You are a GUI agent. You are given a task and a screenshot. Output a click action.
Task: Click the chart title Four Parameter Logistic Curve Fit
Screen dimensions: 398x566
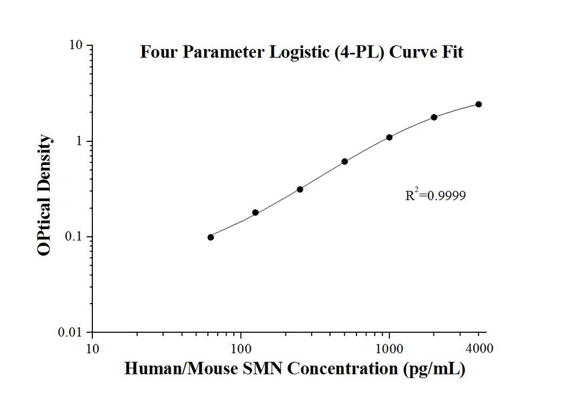pos(301,52)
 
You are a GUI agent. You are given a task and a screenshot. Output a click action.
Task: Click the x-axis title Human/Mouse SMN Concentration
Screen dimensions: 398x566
pos(295,368)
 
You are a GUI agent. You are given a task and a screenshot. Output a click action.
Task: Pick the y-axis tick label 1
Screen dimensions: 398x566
pos(80,141)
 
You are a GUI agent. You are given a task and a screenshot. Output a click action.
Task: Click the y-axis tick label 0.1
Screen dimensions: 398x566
pos(75,237)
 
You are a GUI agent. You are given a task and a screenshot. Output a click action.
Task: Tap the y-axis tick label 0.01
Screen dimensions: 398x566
pos(72,332)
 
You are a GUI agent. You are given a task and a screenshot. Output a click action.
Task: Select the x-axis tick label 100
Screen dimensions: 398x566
pos(241,348)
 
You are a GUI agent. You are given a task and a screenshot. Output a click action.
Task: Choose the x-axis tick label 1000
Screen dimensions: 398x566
pos(389,348)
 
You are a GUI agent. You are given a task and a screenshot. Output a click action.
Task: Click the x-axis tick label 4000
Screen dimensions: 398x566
pos(479,348)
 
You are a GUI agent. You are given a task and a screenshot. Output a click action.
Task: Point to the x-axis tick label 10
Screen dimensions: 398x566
pos(93,348)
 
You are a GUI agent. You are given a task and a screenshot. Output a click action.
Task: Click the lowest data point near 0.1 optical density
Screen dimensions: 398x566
pos(211,237)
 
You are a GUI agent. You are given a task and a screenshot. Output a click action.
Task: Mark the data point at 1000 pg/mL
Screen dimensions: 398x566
pos(389,137)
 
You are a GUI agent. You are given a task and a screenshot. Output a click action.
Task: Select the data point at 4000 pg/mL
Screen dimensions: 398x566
pos(479,104)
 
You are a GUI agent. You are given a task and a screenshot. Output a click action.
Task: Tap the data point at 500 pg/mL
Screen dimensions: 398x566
pos(344,161)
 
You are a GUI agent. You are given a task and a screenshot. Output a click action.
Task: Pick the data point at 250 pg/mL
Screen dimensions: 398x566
pos(300,189)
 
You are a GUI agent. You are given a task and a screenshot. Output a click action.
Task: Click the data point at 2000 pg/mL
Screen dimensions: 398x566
pos(434,117)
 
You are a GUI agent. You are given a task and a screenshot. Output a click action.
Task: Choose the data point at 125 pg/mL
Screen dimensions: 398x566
pos(255,213)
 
